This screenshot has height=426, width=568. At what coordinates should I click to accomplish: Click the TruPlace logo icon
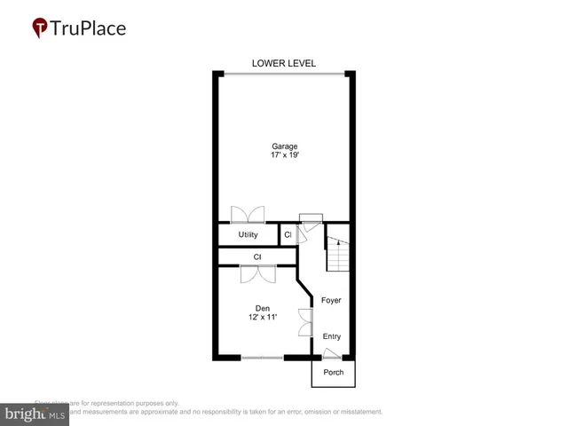[x=40, y=28]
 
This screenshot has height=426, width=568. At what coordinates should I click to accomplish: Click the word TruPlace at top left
[x=87, y=28]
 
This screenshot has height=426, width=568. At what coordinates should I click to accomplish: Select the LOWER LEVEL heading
[x=284, y=63]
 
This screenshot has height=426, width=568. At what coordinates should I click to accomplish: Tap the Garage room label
[x=285, y=146]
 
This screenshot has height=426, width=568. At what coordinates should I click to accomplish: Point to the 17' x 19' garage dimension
[x=285, y=156]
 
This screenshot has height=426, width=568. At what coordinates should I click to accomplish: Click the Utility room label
[x=248, y=235]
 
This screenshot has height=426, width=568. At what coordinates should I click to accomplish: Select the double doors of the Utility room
[x=248, y=215]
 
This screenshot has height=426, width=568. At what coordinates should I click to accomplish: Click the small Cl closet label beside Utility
[x=288, y=235]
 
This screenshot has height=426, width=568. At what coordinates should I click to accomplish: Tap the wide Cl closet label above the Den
[x=257, y=257]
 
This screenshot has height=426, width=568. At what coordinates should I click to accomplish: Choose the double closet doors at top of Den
[x=257, y=272]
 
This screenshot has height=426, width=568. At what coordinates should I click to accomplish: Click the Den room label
[x=263, y=308]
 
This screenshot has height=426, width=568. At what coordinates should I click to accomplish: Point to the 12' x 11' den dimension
[x=263, y=318]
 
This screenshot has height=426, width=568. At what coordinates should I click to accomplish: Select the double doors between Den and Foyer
[x=304, y=321]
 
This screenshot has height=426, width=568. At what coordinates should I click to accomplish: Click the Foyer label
[x=331, y=301]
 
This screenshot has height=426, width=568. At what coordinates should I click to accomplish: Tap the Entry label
[x=331, y=336]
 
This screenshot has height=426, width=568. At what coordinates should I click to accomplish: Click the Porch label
[x=333, y=373]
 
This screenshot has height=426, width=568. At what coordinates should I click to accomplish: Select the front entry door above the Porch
[x=331, y=353]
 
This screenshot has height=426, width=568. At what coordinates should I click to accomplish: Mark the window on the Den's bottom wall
[x=262, y=358]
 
